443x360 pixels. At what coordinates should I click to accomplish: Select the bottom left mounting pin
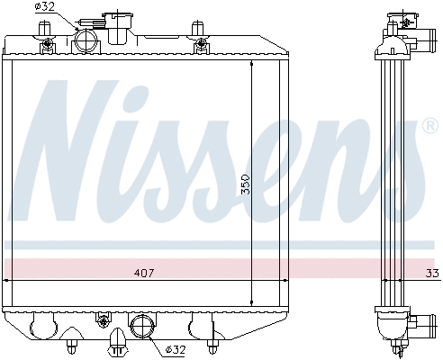point(71,343)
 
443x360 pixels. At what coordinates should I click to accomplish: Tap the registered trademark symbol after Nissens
point(430,127)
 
